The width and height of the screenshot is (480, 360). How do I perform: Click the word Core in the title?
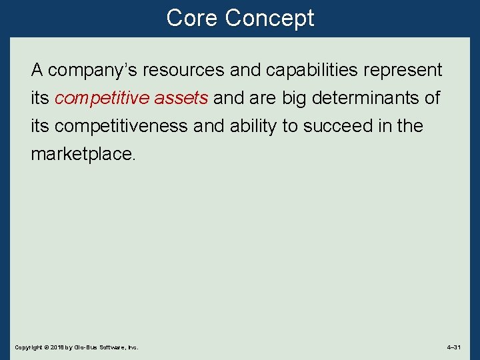192,18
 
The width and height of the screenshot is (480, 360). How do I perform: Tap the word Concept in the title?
269,18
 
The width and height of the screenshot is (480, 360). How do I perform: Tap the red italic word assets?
181,99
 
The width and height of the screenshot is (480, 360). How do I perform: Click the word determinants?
370,99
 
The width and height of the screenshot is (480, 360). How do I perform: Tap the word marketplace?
83,154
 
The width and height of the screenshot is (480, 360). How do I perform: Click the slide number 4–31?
454,347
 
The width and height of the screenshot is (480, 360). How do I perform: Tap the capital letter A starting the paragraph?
37,70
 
